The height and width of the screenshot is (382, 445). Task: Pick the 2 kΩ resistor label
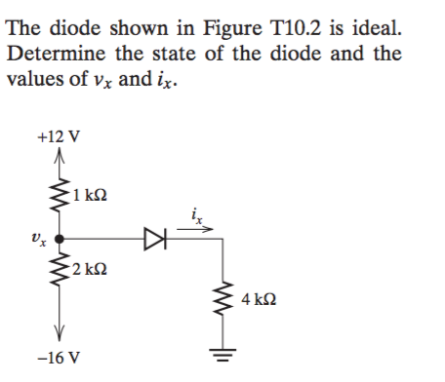(91, 264)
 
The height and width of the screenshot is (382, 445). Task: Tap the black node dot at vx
(61, 236)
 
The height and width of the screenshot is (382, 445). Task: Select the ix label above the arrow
(196, 208)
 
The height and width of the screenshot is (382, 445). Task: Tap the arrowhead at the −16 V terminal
(61, 331)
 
